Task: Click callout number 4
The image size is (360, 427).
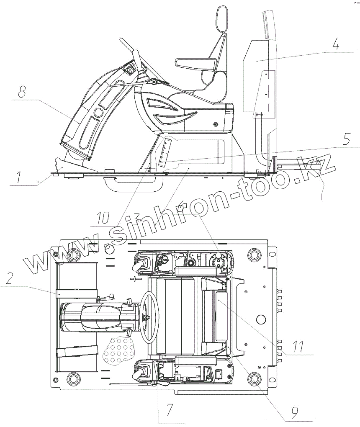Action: click(335, 44)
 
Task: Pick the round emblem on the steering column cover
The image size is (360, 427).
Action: click(98, 112)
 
